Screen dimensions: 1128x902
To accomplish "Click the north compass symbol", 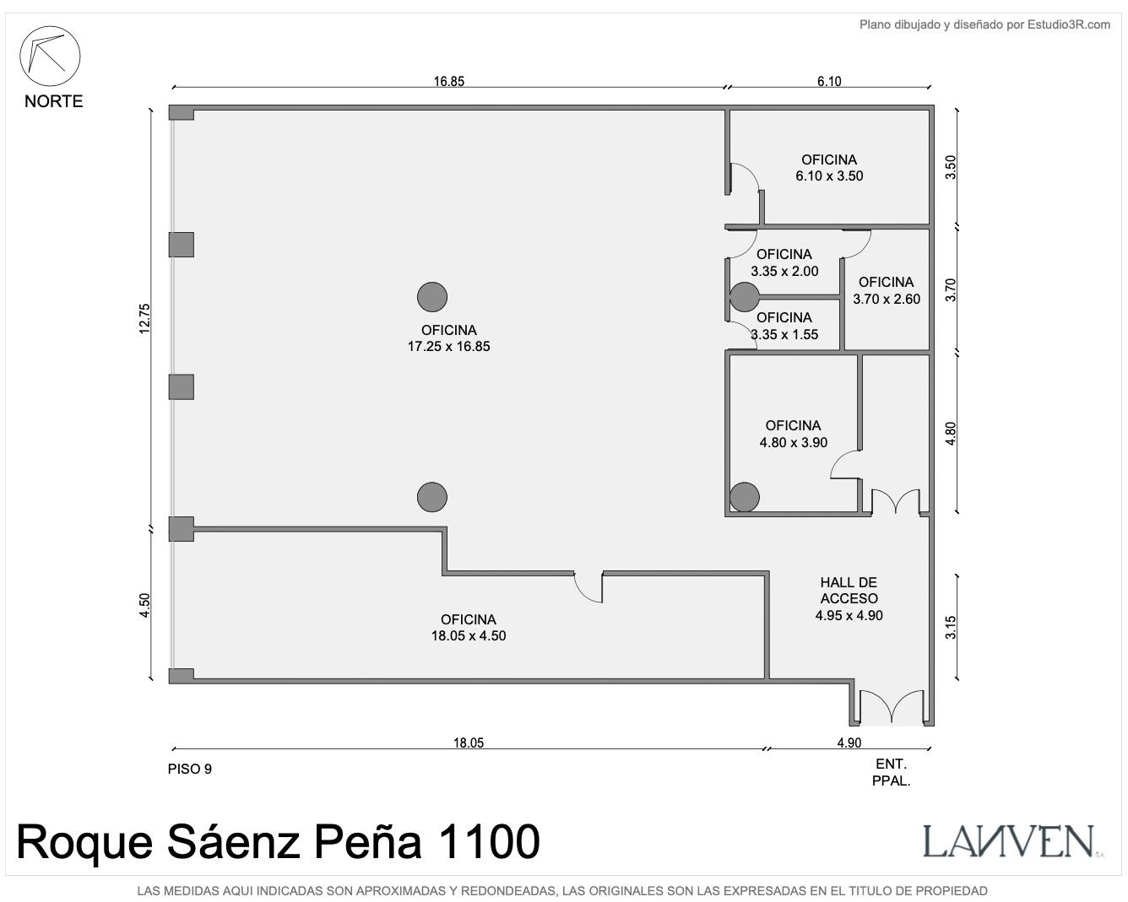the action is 50,56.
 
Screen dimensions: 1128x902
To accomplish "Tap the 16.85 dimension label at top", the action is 448,81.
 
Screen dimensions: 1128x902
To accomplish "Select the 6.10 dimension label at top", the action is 829,81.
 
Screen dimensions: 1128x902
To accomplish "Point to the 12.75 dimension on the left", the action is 144,318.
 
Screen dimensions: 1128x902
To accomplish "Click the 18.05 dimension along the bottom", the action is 468,743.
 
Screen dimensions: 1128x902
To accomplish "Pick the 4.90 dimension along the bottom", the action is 849,743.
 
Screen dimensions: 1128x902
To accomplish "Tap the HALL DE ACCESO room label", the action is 849,599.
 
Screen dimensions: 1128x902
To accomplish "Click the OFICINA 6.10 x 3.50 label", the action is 829,168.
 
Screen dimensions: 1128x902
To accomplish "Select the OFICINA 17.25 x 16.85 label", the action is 448,338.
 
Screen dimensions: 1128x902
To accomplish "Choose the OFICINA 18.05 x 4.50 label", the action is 468,628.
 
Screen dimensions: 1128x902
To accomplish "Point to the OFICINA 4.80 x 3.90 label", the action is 793,434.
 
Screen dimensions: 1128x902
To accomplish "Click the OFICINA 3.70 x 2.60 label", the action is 887,290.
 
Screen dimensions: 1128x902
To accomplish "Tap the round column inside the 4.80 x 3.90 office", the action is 745,497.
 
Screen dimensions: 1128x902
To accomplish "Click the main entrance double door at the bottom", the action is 892,707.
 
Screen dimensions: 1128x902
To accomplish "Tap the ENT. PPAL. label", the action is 891,772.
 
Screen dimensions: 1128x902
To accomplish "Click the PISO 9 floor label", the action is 190,769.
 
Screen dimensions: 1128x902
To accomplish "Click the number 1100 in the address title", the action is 488,842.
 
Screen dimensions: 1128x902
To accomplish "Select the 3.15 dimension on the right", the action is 951,627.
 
